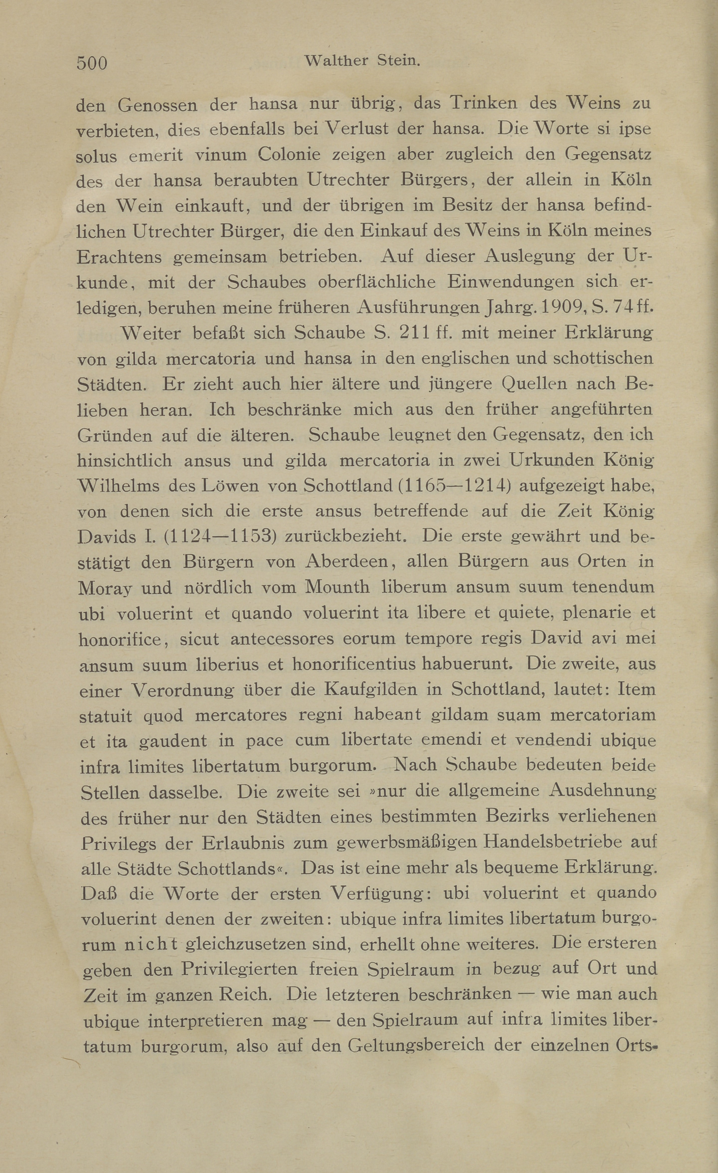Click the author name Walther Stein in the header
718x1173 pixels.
362,61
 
